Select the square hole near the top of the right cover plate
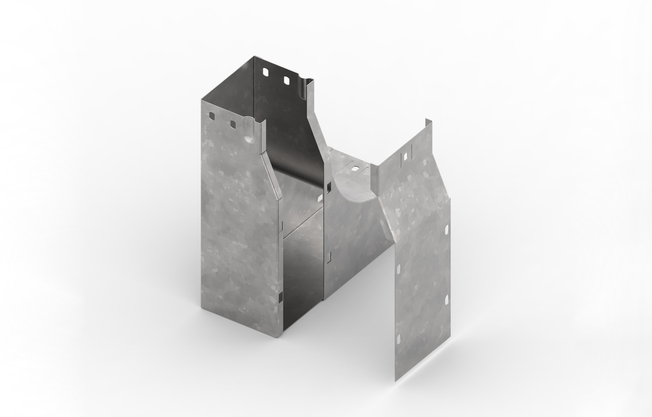[406, 155]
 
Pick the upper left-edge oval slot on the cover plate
[398, 270]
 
